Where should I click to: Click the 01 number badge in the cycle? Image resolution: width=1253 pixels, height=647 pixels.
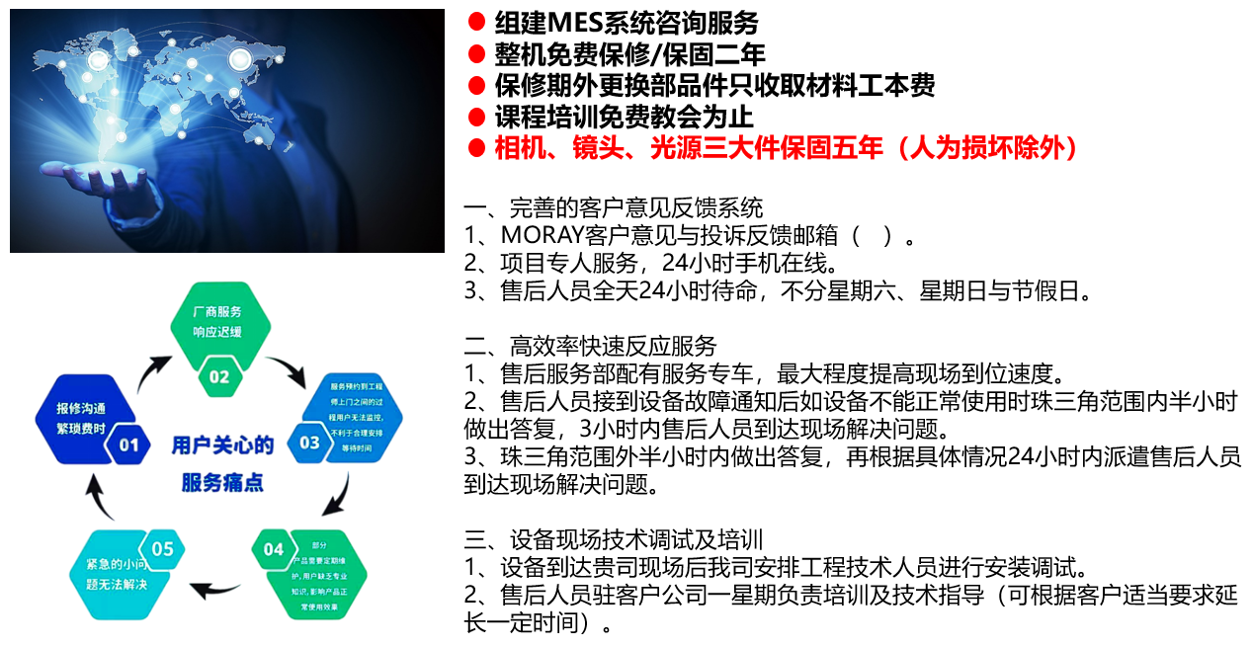[x=128, y=445]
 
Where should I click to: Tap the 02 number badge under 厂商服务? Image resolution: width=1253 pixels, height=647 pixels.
[x=218, y=376]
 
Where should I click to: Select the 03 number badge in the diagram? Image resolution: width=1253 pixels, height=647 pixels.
[x=309, y=442]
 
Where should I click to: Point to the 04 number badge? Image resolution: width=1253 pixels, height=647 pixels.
[x=273, y=549]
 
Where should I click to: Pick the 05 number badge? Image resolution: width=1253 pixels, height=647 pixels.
[x=162, y=549]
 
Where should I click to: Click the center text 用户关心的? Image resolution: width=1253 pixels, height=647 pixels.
[x=222, y=445]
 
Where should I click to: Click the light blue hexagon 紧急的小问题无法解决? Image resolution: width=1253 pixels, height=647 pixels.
[x=111, y=574]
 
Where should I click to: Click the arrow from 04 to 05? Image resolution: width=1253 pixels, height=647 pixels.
[x=217, y=591]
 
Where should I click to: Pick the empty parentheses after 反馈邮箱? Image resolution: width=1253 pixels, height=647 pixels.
[x=873, y=236]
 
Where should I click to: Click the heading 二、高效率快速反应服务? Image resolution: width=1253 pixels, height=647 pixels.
[x=590, y=347]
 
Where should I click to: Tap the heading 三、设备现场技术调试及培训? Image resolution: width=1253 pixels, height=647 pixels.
[x=613, y=540]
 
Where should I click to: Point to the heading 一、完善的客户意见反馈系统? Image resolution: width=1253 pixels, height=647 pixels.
[x=613, y=208]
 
